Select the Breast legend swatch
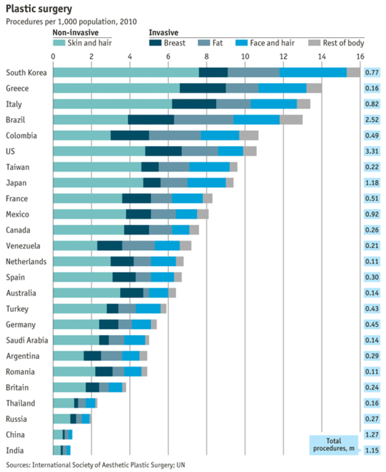(155, 43)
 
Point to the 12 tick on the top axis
(283, 57)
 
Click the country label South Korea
(26, 73)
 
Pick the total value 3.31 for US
(371, 151)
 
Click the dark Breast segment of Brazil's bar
(151, 120)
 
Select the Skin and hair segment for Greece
(116, 88)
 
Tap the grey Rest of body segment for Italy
(303, 104)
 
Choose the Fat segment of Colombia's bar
(175, 135)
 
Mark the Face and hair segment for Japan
(207, 182)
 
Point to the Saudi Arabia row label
(27, 340)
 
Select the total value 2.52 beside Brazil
(371, 120)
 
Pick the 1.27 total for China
(371, 435)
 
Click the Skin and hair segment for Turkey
(80, 309)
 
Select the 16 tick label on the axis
(359, 57)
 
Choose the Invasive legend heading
(163, 32)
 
